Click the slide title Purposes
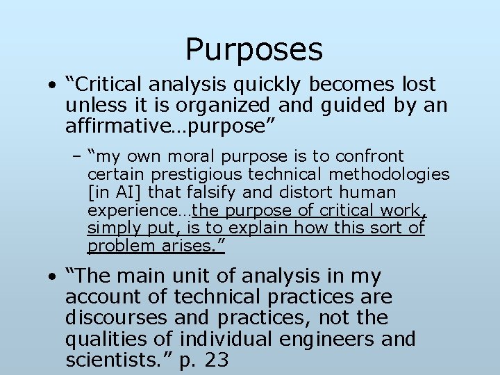pyautogui.click(x=254, y=49)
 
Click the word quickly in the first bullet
pyautogui.click(x=267, y=85)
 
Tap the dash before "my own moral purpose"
pyautogui.click(x=76, y=156)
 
